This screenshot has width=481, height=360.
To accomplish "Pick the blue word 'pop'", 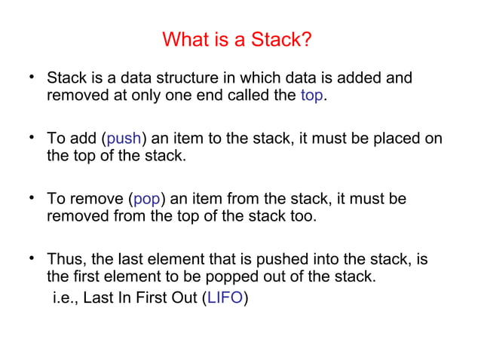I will [x=146, y=200].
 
